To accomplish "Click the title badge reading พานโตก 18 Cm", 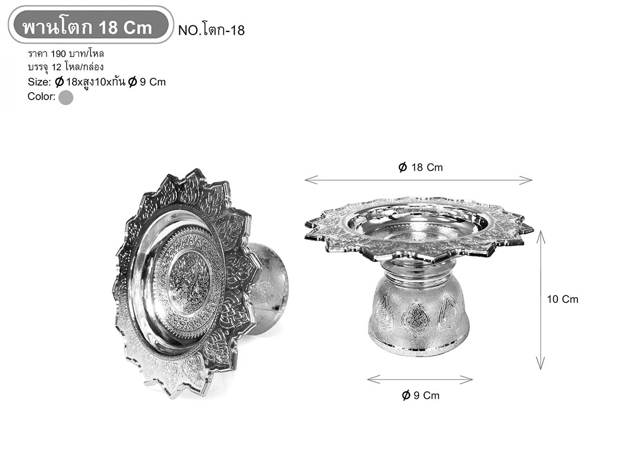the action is click(90, 24).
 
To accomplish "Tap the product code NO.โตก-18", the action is click(211, 30).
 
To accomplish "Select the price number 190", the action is click(59, 54).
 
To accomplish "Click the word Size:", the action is click(40, 82).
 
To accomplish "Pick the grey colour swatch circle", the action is click(66, 97).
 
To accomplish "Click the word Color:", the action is click(41, 96).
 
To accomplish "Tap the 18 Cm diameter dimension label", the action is click(420, 167).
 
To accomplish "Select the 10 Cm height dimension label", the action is click(563, 299).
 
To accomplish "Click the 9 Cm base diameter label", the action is click(421, 396).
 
